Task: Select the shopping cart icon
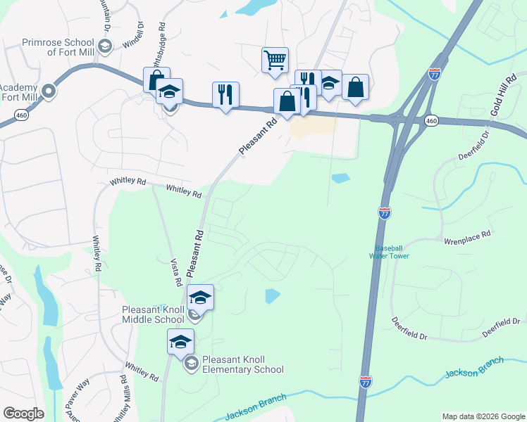point(274,59)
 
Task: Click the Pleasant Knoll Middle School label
point(153,314)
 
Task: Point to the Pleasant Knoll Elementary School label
point(242,364)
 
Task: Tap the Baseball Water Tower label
point(392,252)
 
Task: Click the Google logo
point(23,413)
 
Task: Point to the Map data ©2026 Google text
point(483,416)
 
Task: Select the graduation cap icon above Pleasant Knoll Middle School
point(201,298)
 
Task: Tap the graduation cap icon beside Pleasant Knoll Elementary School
point(180,343)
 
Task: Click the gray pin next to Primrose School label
point(105,46)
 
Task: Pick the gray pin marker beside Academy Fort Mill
point(49,91)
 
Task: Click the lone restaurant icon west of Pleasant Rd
point(225,94)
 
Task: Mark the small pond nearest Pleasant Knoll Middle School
point(272,296)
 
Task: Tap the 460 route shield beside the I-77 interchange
point(432,122)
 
